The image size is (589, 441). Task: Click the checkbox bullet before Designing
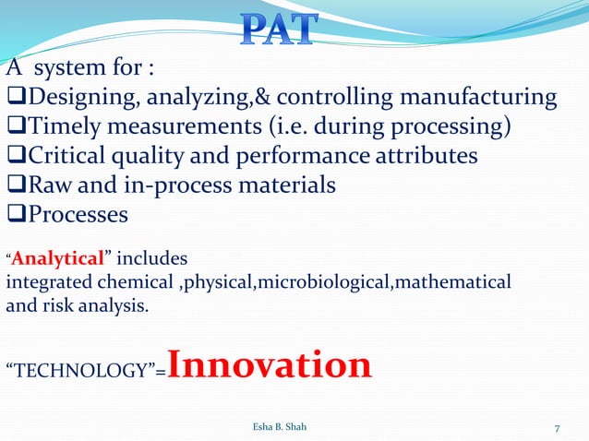[15, 98]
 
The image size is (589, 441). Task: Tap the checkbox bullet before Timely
[15, 126]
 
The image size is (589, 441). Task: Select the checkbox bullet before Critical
[15, 156]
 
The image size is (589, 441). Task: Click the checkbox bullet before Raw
[15, 185]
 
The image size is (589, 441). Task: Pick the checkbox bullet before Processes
[15, 215]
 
